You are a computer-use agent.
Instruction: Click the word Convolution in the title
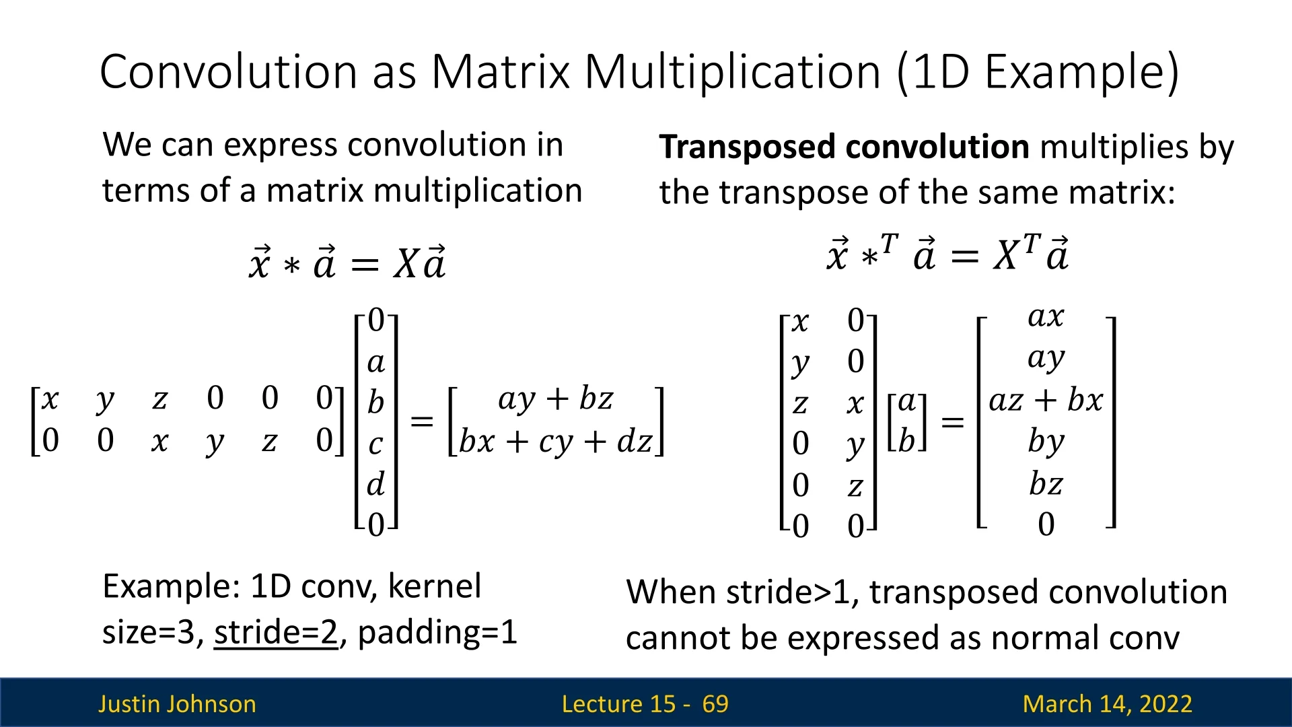(x=228, y=71)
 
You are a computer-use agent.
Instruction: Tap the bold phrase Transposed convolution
(x=844, y=147)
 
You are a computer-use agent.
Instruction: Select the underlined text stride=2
(x=276, y=632)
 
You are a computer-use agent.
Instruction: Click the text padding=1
(x=437, y=633)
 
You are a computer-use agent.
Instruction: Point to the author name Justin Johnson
(x=177, y=704)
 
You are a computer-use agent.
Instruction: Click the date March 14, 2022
(x=1107, y=704)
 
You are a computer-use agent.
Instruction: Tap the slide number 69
(x=715, y=704)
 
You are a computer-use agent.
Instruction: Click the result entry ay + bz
(x=556, y=399)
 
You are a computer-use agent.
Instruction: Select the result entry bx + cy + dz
(x=556, y=442)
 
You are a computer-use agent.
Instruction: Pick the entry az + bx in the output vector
(x=1046, y=401)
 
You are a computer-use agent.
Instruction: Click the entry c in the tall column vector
(x=375, y=444)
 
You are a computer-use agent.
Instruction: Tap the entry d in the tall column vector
(x=375, y=483)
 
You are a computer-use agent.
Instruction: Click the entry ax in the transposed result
(x=1046, y=316)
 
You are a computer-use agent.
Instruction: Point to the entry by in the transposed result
(x=1046, y=442)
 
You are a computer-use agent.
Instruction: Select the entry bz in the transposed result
(x=1046, y=483)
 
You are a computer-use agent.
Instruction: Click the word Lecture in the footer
(x=618, y=704)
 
